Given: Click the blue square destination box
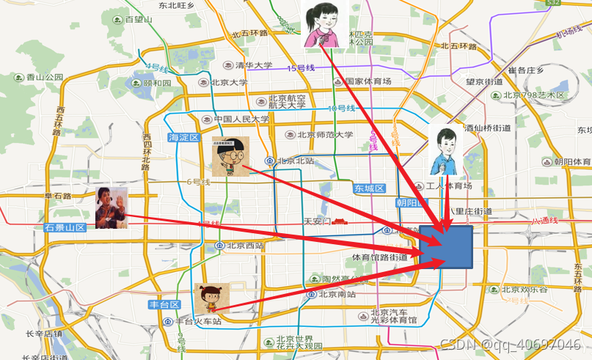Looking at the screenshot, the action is pos(447,246).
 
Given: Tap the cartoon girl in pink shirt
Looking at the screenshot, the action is pos(324,24).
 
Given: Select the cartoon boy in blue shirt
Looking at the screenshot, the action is pos(447,151).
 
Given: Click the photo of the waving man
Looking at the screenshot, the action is pos(112,207).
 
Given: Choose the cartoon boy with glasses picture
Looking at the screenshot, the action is pos(230,156).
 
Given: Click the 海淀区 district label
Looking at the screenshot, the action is pos(184,137).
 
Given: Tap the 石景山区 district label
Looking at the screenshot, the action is pos(65,227).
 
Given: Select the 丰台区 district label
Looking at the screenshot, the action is pos(164,304).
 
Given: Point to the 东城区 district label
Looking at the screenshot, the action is pos(370,188).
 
